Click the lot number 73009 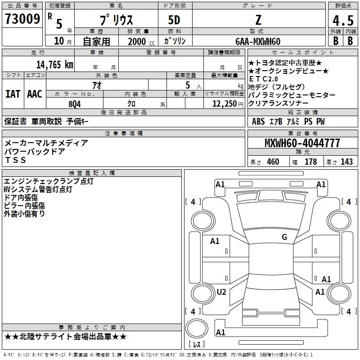click(x=22, y=19)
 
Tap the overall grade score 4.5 click(x=343, y=20)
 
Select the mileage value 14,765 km click(x=54, y=65)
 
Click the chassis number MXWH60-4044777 click(x=302, y=143)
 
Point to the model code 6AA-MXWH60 click(x=258, y=41)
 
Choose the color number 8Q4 click(x=75, y=104)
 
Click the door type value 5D click(x=174, y=20)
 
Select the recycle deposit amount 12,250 click(x=224, y=104)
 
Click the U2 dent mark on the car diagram click(x=221, y=292)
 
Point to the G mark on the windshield click(x=284, y=237)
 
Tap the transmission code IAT click(x=13, y=94)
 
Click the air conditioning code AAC click(x=35, y=94)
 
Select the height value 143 click(x=346, y=162)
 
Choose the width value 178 click(x=310, y=162)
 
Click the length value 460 click(x=273, y=162)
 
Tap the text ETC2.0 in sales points click(x=263, y=79)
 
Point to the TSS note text click(x=15, y=160)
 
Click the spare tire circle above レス click(x=197, y=328)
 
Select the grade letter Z click(x=258, y=20)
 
